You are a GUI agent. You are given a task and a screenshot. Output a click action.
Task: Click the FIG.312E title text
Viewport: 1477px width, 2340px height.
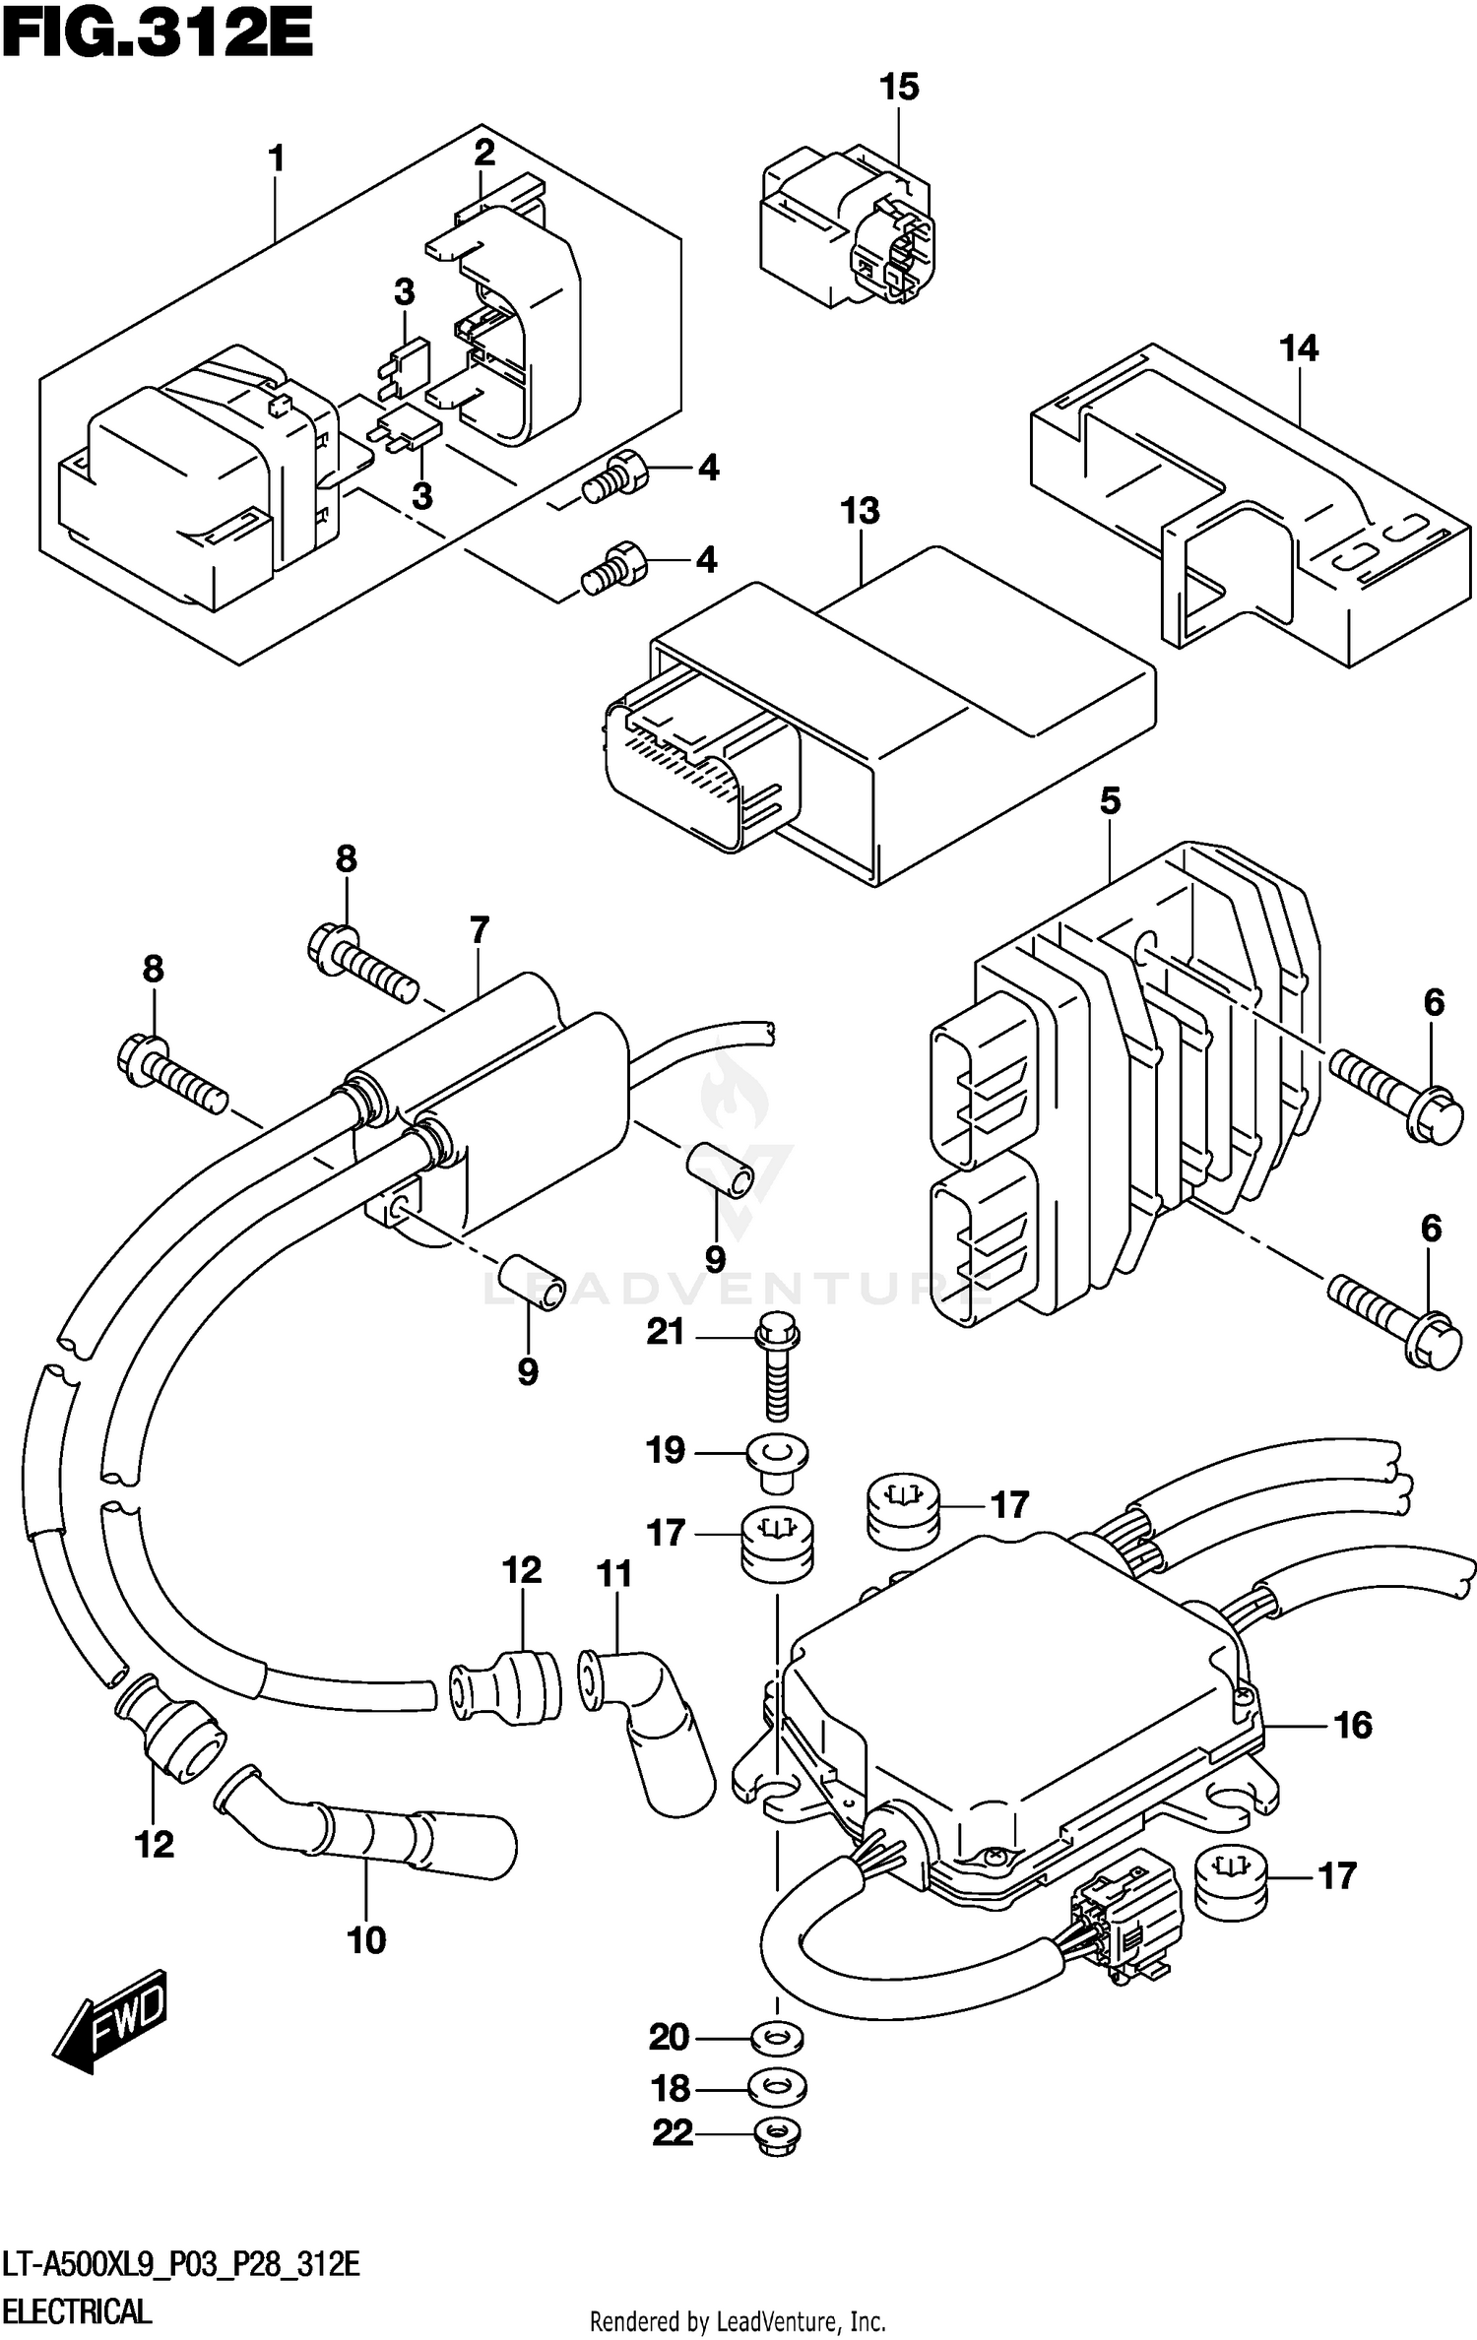[x=158, y=37]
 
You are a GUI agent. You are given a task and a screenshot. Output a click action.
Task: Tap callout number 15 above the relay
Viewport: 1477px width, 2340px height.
[x=898, y=88]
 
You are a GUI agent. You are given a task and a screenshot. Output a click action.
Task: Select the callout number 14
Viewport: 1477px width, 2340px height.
[x=1298, y=348]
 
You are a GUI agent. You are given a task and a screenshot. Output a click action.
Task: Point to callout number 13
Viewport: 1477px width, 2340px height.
[x=860, y=511]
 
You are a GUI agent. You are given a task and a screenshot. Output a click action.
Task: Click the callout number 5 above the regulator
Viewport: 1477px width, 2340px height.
[x=1110, y=801]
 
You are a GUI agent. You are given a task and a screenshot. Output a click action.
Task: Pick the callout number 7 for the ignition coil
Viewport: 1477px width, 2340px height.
[x=479, y=929]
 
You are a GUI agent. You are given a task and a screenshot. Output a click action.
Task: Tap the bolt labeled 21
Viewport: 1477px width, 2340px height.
[x=777, y=1369]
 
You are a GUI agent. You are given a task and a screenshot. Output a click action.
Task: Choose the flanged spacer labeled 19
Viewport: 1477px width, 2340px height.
[x=776, y=1454]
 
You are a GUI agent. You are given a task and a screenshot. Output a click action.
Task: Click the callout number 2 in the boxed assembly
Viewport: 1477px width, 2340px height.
[x=483, y=154]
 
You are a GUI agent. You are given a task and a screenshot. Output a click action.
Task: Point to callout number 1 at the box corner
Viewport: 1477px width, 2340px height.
[x=277, y=158]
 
